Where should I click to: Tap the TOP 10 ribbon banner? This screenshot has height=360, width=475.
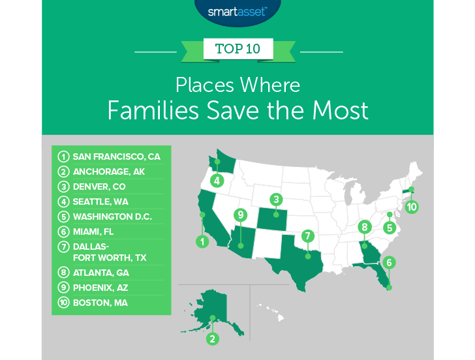click(x=237, y=50)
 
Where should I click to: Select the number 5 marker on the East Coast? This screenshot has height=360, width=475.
click(x=390, y=228)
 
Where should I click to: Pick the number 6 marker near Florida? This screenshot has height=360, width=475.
click(x=390, y=262)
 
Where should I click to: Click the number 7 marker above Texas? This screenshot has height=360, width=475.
click(x=308, y=235)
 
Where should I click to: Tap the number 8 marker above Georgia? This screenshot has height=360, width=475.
click(x=364, y=227)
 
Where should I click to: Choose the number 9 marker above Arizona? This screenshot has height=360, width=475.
click(x=241, y=215)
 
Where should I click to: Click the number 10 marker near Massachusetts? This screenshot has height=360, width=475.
click(x=411, y=207)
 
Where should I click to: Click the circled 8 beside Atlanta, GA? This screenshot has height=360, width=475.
click(x=63, y=274)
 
